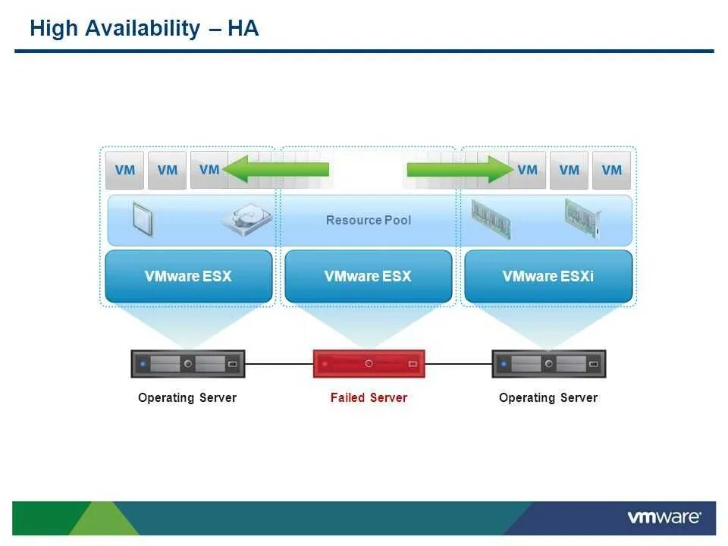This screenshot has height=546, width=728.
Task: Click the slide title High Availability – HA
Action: [x=144, y=29]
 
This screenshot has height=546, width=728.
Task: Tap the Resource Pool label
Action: [x=369, y=221]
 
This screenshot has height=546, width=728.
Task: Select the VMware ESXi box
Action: [x=548, y=277]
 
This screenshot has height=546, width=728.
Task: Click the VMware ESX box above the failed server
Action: [x=368, y=277]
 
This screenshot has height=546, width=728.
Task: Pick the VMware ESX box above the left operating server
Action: [x=188, y=277]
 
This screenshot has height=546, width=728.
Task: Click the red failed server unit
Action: [x=369, y=364]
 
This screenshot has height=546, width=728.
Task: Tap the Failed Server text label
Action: [x=369, y=398]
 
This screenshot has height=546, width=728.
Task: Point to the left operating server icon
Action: [x=188, y=364]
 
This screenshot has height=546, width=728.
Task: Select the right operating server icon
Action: [x=548, y=364]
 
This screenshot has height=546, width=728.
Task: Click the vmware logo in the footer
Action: [x=664, y=518]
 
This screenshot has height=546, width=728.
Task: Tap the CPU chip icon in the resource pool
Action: [x=142, y=218]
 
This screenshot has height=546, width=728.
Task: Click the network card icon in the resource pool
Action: [x=582, y=218]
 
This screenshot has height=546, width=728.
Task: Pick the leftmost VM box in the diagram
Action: [x=125, y=171]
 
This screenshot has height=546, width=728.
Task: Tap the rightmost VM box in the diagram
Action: [x=611, y=171]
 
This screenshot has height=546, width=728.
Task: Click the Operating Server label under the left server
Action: [x=187, y=398]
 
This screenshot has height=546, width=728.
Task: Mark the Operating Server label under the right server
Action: [x=548, y=398]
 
